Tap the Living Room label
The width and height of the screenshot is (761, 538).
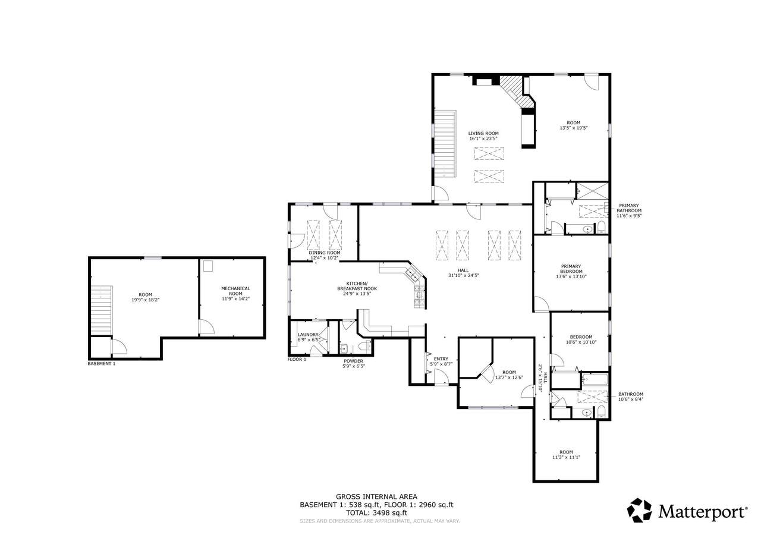click(483, 134)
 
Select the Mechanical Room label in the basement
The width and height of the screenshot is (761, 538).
click(235, 291)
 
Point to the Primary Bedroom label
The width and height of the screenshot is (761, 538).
click(571, 269)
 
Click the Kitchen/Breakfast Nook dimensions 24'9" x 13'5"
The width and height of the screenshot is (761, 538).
click(357, 294)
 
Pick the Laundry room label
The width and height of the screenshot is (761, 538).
click(308, 335)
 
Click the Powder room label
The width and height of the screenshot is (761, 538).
click(353, 361)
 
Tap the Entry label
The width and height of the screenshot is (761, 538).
click(441, 358)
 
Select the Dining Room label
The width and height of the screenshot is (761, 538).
click(325, 253)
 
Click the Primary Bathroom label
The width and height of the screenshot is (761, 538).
click(629, 208)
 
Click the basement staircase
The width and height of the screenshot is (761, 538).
click(102, 310)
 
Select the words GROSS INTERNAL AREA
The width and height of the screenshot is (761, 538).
click(376, 497)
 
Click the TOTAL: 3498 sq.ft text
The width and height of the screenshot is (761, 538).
click(376, 513)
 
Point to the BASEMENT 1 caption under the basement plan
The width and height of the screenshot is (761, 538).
click(102, 363)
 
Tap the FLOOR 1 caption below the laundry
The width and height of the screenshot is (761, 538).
click(297, 359)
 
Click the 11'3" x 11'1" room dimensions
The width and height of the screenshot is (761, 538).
click(566, 457)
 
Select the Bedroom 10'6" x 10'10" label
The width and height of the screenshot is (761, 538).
click(581, 339)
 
